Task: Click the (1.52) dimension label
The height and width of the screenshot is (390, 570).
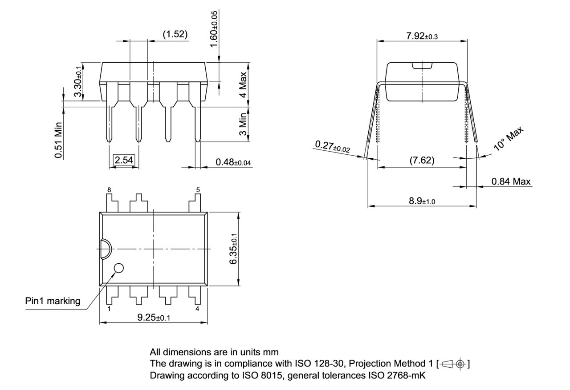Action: [175, 34]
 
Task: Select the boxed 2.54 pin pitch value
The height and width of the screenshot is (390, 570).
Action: [124, 160]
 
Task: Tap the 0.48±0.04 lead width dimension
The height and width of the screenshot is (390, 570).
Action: [233, 162]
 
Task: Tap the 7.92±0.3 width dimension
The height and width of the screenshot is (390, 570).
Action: [422, 36]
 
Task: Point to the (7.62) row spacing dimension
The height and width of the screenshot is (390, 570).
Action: [422, 160]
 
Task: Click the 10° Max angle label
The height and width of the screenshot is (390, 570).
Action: [509, 140]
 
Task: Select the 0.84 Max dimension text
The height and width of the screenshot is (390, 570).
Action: [511, 181]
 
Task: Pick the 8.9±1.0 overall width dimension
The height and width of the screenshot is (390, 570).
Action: [422, 201]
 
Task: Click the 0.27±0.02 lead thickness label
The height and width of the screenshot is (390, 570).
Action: [332, 147]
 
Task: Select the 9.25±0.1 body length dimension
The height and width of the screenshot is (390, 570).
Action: [153, 317]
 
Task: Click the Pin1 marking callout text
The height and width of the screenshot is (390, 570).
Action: [53, 301]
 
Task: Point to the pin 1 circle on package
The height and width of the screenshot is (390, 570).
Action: [118, 268]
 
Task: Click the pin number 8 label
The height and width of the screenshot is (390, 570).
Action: [109, 190]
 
